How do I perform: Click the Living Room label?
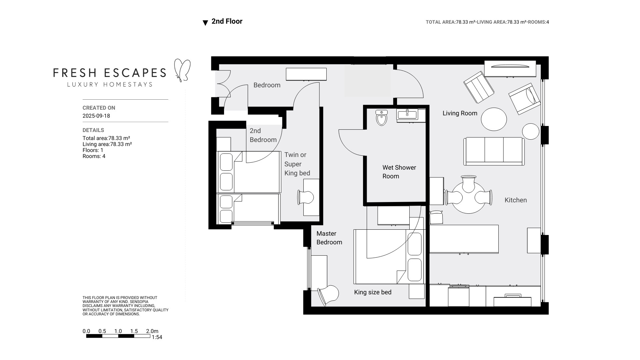460,113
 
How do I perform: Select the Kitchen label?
515,200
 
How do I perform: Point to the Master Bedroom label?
329,238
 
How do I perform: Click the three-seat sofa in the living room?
494,151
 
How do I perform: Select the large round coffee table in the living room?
494,119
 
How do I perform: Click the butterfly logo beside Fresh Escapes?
183,70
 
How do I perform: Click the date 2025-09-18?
96,116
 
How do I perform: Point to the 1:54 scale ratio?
157,337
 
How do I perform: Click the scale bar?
118,336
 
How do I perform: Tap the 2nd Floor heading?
227,21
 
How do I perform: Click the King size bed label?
372,292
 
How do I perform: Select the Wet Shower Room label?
399,172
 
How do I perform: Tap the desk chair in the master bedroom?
328,295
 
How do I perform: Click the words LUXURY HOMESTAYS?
110,84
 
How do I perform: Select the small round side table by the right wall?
530,131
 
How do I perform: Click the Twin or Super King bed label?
297,164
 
